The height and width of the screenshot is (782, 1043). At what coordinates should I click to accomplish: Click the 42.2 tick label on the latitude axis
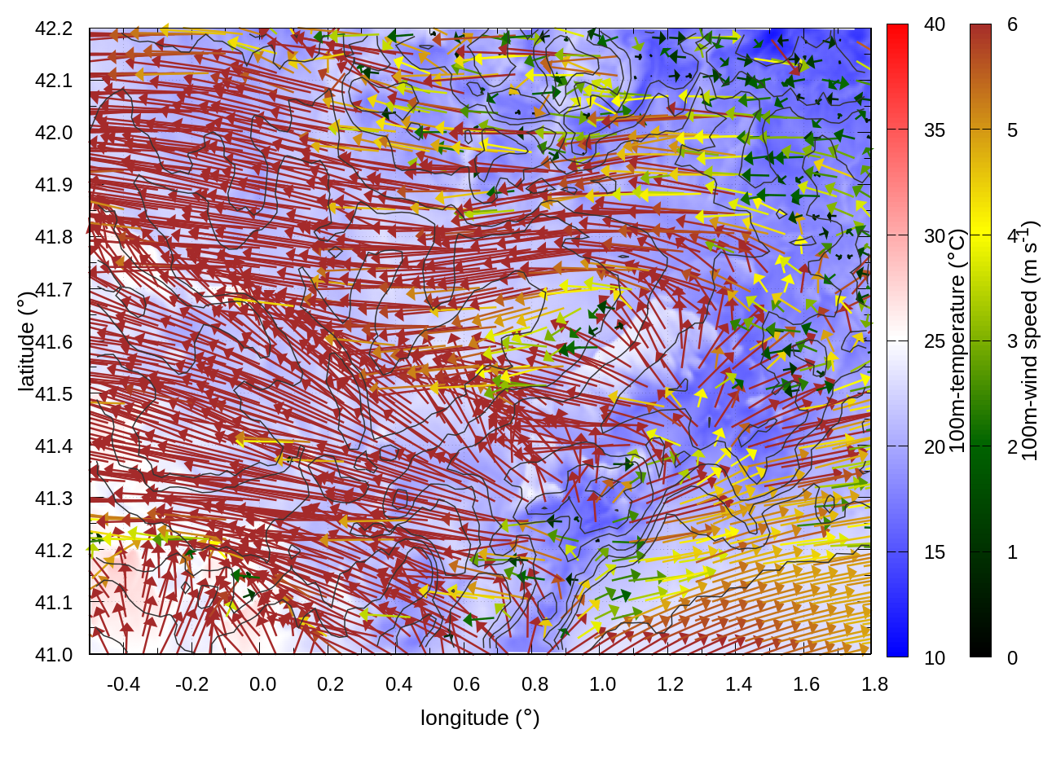[x=54, y=29]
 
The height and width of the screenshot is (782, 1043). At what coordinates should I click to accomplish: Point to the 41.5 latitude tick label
[x=54, y=394]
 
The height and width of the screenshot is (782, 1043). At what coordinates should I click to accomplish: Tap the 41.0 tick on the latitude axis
[x=54, y=655]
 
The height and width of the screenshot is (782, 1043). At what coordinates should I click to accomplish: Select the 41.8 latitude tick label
[x=54, y=237]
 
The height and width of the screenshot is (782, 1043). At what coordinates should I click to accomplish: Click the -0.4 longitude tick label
[x=123, y=684]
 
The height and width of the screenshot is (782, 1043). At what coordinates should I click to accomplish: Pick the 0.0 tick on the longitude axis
[x=262, y=684]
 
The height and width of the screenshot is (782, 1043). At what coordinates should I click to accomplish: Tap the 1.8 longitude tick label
[x=874, y=684]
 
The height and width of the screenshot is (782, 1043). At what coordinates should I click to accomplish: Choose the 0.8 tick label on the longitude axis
[x=535, y=684]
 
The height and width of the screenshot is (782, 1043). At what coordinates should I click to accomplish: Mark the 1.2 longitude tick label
[x=671, y=684]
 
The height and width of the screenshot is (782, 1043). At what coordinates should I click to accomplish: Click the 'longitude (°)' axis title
[x=480, y=718]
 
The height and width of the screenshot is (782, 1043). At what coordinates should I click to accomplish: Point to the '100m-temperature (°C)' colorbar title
[x=957, y=340]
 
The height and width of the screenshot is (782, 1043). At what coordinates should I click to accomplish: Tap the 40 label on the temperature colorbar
[x=935, y=24]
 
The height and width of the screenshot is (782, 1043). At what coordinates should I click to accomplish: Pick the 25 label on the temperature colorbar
[x=935, y=341]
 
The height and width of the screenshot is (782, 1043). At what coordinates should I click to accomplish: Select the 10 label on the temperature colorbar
[x=935, y=658]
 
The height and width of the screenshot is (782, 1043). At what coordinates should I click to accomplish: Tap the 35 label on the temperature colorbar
[x=935, y=130]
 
